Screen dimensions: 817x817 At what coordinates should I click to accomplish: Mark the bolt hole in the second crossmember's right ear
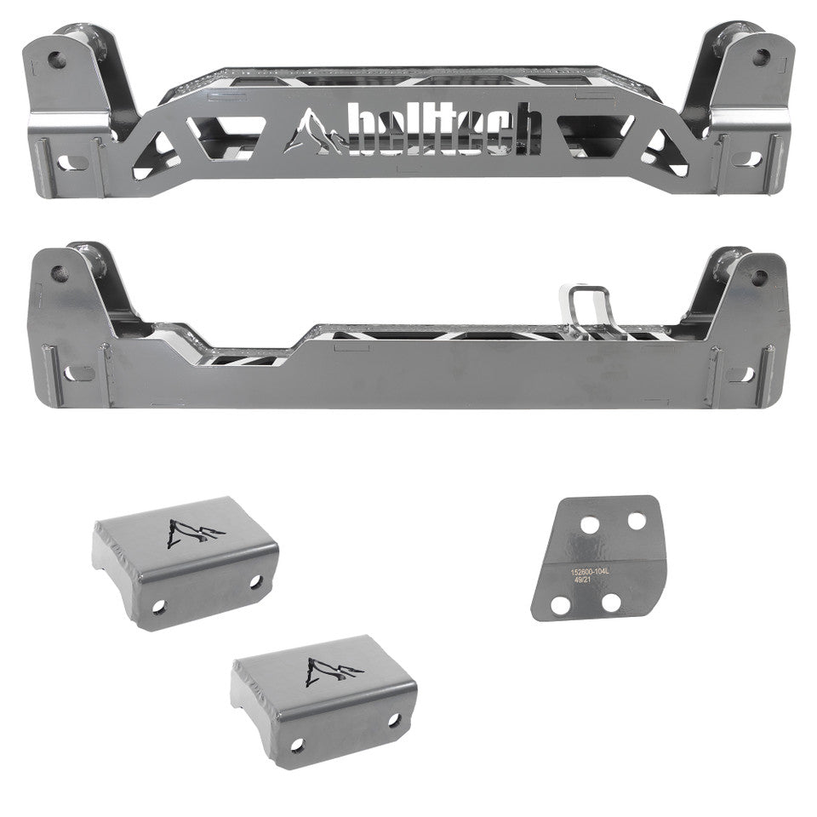pos(757,273)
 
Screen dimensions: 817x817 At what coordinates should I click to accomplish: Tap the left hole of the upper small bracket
pos(157,608)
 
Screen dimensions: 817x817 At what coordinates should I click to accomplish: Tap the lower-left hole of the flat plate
pos(561,605)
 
